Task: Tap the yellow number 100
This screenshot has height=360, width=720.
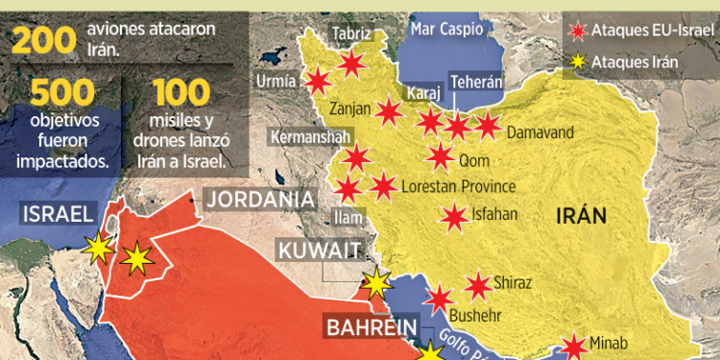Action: click(x=180, y=93)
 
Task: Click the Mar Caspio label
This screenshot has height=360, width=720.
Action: click(x=445, y=30)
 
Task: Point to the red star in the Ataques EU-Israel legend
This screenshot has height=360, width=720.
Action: click(x=577, y=32)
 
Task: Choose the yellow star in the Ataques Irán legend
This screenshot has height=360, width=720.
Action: click(x=577, y=63)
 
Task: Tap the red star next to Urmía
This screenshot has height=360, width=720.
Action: click(x=318, y=83)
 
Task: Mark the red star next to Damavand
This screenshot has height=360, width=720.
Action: click(x=488, y=125)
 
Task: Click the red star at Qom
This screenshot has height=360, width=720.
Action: click(x=441, y=156)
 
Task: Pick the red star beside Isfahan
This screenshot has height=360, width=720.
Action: click(x=453, y=218)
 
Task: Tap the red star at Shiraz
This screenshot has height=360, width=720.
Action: click(x=477, y=285)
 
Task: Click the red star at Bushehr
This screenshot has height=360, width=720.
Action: click(x=440, y=300)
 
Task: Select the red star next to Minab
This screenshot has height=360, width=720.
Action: click(x=574, y=347)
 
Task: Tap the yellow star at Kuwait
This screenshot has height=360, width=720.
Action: click(x=376, y=283)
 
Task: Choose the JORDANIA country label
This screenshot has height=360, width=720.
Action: click(x=261, y=200)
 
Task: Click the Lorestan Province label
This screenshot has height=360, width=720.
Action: click(x=459, y=186)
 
